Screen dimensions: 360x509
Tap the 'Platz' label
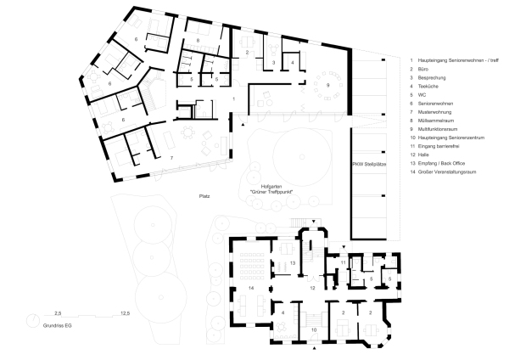tap(204, 196)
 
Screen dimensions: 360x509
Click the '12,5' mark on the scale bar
tap(125, 313)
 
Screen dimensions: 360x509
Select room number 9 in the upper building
tap(327, 85)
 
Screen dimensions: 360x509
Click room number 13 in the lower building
tap(292, 264)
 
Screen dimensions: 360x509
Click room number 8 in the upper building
tap(198, 41)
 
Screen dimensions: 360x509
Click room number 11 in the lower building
tap(343, 264)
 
